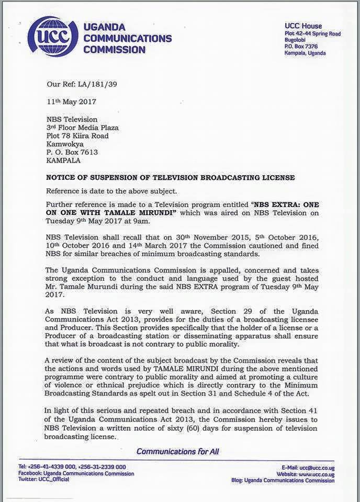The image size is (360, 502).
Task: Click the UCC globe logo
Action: [x=53, y=37]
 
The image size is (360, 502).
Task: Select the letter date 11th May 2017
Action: [x=71, y=101]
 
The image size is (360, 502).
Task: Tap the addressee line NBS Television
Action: [x=72, y=119]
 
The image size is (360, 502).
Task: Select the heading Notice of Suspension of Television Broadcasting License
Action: [x=171, y=178]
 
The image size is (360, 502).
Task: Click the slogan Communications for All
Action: [x=177, y=451]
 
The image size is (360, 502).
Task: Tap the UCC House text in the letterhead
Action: [x=303, y=26]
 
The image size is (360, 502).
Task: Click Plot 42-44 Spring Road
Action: [x=312, y=34]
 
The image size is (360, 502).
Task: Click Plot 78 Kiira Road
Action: [x=78, y=136]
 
